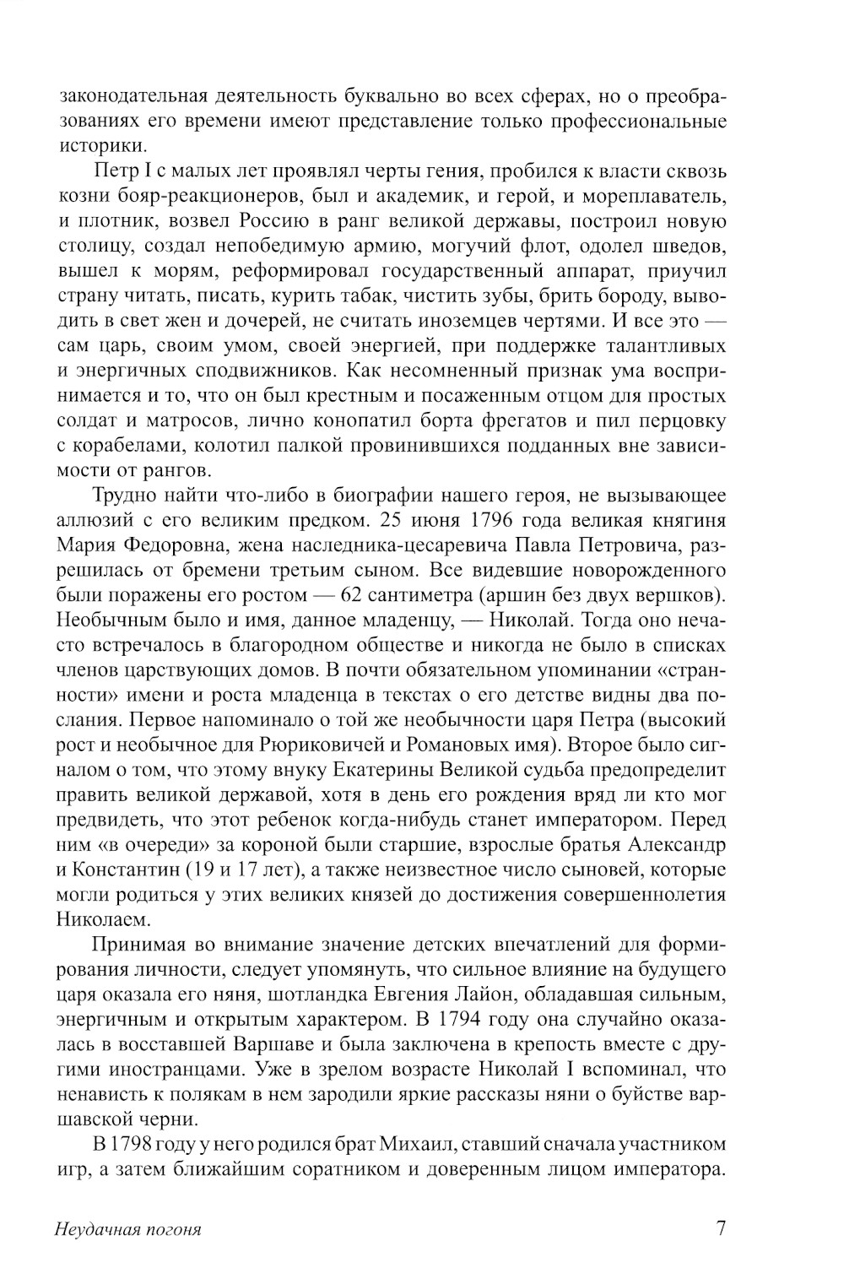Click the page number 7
click(720, 1227)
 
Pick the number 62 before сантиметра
click(354, 595)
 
